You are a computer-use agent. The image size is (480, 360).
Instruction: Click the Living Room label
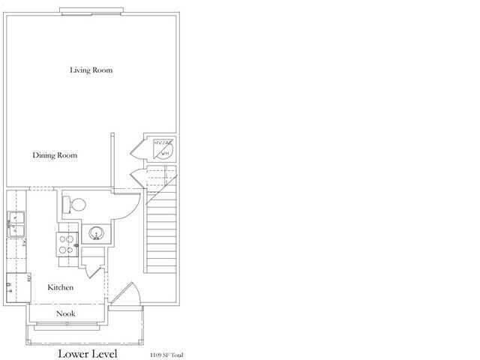click(91, 70)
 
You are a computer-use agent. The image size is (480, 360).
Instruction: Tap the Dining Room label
click(55, 156)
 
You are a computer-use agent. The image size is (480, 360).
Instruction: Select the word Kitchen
click(60, 288)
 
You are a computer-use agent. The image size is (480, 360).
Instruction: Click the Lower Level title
click(88, 352)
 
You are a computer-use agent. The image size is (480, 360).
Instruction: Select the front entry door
click(124, 295)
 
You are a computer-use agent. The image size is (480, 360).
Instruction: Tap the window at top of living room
click(91, 10)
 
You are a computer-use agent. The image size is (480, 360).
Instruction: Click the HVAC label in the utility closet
click(160, 142)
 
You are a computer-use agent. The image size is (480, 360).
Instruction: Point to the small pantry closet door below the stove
click(91, 262)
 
